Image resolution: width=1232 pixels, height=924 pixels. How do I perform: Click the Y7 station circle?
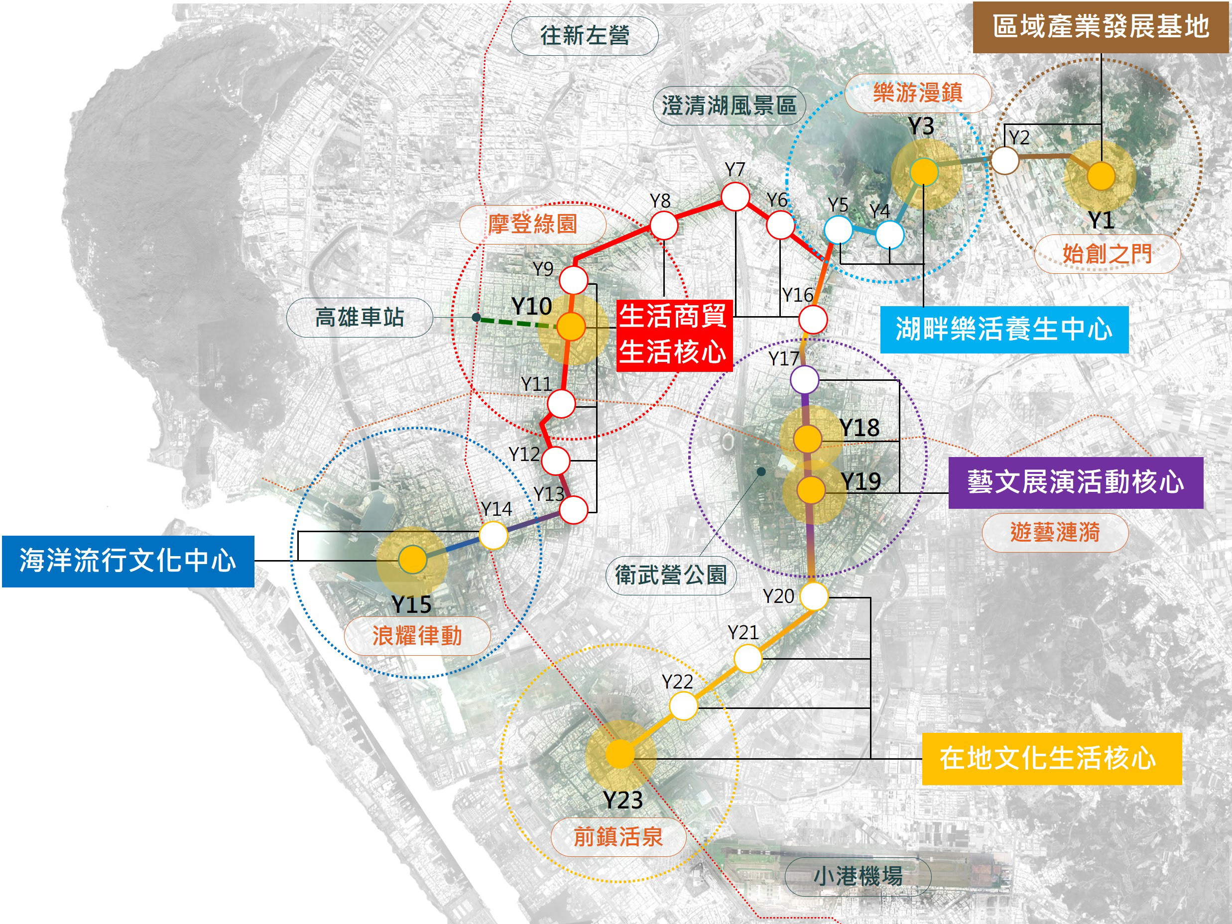(x=735, y=196)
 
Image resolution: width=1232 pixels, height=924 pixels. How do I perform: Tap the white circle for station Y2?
(x=1005, y=160)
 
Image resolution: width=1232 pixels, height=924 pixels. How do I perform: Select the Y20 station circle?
(x=814, y=596)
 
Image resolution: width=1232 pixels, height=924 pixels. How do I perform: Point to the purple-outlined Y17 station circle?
(x=804, y=380)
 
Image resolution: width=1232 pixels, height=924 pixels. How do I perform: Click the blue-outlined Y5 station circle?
(x=838, y=230)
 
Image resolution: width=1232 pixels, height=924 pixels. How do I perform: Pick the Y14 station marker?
(x=493, y=536)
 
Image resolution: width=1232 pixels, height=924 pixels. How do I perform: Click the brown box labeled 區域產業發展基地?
(x=1101, y=27)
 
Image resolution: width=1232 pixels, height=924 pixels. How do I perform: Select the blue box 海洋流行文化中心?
(x=128, y=561)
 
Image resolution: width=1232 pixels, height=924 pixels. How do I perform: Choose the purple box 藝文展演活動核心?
(x=1076, y=482)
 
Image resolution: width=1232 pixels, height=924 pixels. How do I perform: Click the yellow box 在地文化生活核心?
(x=1052, y=759)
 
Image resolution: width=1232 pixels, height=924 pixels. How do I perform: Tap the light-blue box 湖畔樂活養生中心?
(x=1003, y=329)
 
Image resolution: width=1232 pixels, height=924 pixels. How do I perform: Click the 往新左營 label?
(x=585, y=36)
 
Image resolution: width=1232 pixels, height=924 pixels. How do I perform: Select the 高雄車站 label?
(x=359, y=318)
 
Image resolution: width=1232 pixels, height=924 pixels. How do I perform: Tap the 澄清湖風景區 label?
(x=729, y=105)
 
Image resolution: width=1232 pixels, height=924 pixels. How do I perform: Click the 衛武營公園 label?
(x=671, y=575)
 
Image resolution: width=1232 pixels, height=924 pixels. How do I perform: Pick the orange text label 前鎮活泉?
(x=618, y=836)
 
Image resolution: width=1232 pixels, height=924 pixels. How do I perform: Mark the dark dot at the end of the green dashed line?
(x=476, y=318)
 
